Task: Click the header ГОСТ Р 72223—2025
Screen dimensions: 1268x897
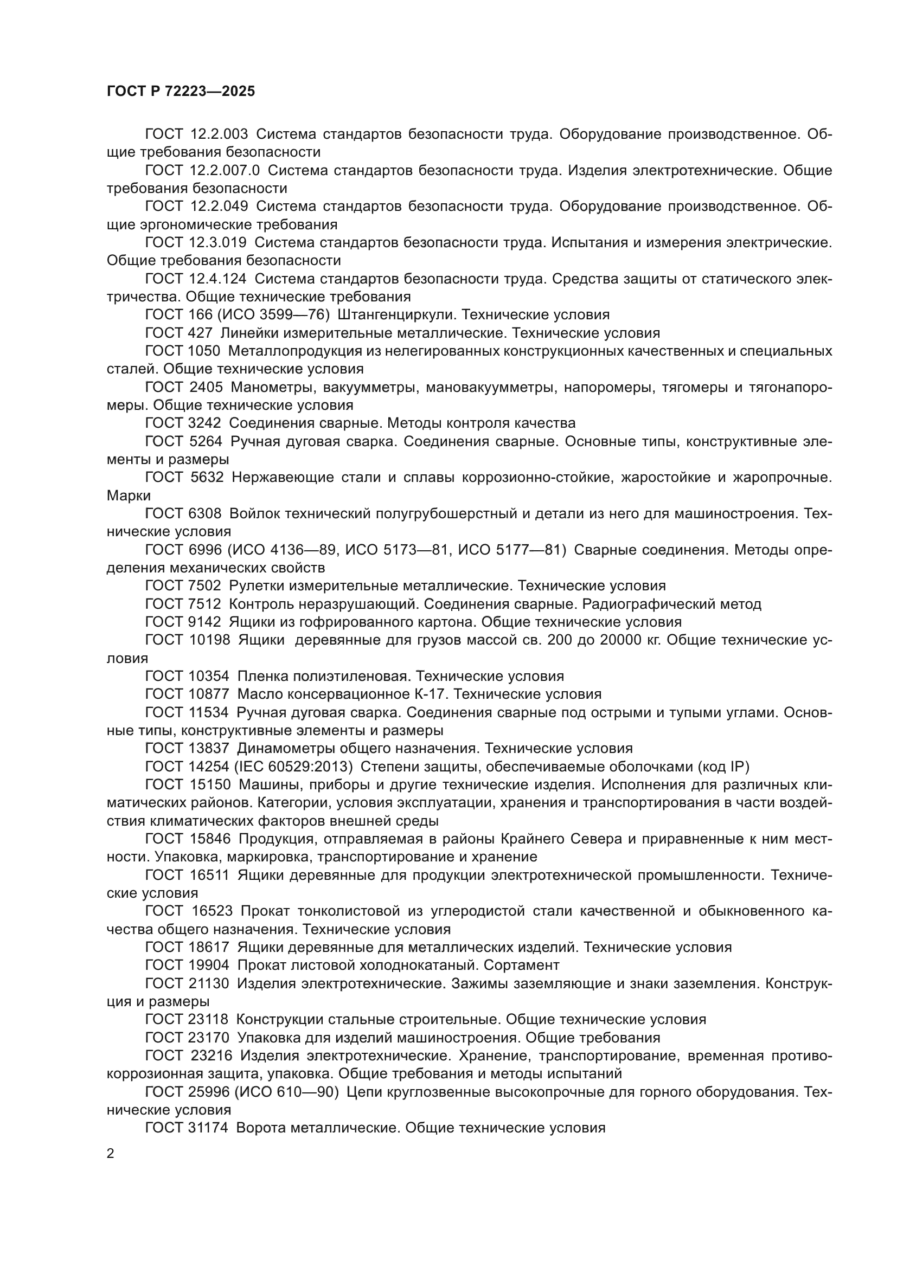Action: pos(181,92)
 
